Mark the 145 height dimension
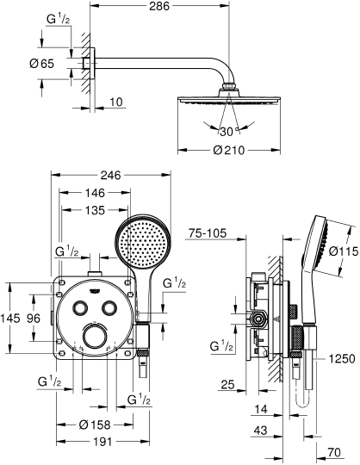[9, 318]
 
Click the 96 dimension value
[34, 318]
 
